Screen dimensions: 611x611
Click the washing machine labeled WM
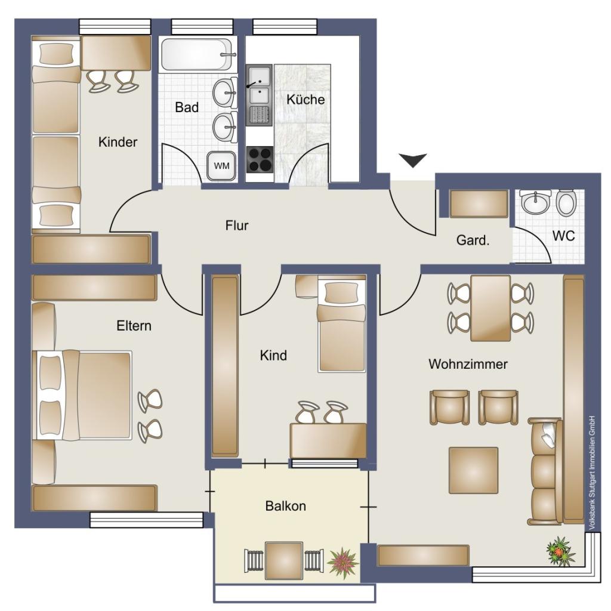point(221,166)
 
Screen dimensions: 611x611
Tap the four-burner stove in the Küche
point(260,159)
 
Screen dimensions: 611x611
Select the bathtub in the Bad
point(199,54)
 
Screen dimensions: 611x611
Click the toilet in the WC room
point(566,203)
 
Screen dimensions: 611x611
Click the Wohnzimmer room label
point(468,364)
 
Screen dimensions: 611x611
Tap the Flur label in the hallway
point(237,225)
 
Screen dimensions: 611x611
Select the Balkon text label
point(286,506)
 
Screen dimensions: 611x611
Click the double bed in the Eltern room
point(84,396)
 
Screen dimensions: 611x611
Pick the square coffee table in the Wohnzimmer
point(473,470)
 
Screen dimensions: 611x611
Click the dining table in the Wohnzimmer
point(490,308)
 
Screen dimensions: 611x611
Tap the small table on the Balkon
point(284,560)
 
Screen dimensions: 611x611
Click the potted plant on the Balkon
point(342,562)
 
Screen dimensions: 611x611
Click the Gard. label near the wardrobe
point(473,240)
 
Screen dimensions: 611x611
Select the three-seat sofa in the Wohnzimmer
point(545,471)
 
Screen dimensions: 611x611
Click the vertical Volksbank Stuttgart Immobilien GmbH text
point(592,473)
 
